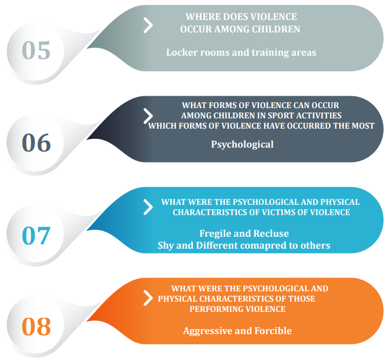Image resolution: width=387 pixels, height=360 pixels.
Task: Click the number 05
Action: pos(36,50)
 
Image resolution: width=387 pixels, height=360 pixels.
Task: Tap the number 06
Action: pos(36,143)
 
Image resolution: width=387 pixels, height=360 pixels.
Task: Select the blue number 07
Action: pos(36,235)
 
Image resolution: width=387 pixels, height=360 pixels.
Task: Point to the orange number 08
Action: pos(36,326)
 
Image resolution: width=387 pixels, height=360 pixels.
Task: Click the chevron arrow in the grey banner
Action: pos(148,25)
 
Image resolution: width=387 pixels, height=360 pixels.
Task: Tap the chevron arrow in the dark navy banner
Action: pos(148,116)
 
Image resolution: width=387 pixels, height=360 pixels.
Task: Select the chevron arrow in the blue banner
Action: pos(148,207)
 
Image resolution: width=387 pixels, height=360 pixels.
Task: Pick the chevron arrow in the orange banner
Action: pos(148,298)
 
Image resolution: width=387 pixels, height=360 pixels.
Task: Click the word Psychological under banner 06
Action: pos(242,144)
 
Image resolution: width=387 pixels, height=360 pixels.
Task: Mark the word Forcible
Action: pos(273,331)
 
